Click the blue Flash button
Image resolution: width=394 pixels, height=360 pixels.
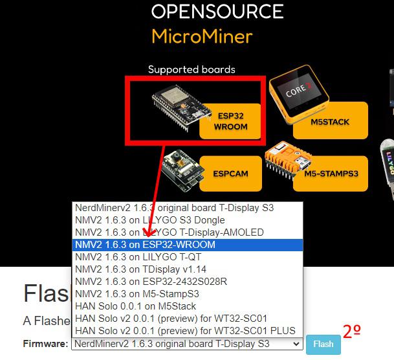(323, 344)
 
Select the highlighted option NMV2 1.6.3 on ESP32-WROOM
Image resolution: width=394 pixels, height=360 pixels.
(145, 245)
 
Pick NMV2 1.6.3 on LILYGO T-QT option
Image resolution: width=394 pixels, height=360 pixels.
(138, 257)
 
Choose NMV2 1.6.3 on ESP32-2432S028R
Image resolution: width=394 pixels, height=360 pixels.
(151, 282)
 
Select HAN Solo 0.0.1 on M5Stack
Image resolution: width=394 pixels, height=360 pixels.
(135, 306)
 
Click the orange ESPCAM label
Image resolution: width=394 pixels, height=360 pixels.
(230, 174)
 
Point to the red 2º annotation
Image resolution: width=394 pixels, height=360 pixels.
(352, 332)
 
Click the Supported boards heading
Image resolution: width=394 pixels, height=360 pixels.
(192, 69)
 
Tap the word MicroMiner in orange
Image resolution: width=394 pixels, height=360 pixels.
(202, 36)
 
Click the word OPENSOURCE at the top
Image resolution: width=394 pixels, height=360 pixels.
(217, 12)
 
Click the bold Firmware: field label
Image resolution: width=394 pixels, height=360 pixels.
(46, 344)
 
